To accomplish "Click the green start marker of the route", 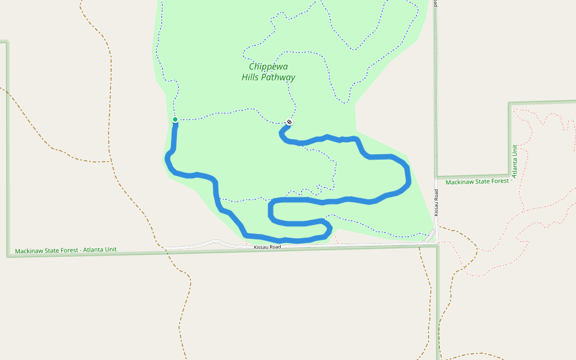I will point(175,120).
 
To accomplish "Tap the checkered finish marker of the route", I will point(289,122).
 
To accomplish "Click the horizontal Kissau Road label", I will point(267,247).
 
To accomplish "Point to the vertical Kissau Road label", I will point(437,202).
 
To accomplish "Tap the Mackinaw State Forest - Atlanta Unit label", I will point(66,250).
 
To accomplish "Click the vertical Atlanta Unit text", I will point(515,158).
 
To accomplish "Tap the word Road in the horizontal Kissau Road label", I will point(275,247).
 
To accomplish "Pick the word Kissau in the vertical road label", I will point(437,207).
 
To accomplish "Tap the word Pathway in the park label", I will point(278,77).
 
